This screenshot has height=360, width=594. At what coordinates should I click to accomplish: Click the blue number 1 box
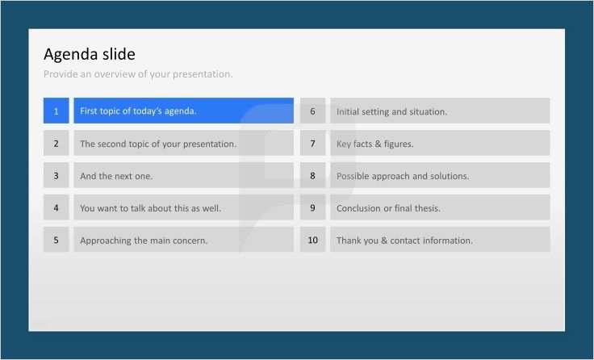pyautogui.click(x=56, y=111)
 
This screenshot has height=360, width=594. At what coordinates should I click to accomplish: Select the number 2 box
pyautogui.click(x=56, y=144)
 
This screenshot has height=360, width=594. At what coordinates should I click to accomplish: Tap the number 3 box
pyautogui.click(x=56, y=176)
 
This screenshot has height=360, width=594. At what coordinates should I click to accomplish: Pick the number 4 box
pyautogui.click(x=56, y=208)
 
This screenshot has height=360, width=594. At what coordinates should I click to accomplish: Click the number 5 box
pyautogui.click(x=56, y=241)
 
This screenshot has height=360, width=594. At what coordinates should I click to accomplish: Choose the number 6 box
pyautogui.click(x=312, y=111)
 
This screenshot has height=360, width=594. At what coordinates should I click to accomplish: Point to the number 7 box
pyautogui.click(x=312, y=144)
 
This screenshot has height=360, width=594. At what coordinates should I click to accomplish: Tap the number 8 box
pyautogui.click(x=312, y=176)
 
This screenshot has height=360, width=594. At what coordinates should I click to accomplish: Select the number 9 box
pyautogui.click(x=312, y=208)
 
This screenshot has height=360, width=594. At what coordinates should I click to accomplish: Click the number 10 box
pyautogui.click(x=312, y=241)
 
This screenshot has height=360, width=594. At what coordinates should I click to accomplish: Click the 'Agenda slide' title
pyautogui.click(x=89, y=54)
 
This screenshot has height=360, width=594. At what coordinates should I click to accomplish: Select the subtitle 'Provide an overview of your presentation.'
pyautogui.click(x=138, y=74)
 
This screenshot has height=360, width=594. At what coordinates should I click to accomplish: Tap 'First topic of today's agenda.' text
pyautogui.click(x=138, y=111)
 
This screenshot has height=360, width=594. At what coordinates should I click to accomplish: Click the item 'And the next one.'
pyautogui.click(x=116, y=176)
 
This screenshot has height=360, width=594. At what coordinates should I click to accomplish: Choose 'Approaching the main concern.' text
pyautogui.click(x=144, y=241)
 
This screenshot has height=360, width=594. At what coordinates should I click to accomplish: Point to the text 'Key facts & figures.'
pyautogui.click(x=374, y=144)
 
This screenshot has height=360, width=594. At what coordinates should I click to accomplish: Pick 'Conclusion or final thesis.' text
pyautogui.click(x=388, y=208)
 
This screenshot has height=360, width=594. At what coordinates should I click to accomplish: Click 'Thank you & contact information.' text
pyautogui.click(x=404, y=241)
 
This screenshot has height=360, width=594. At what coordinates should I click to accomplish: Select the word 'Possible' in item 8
pyautogui.click(x=353, y=176)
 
